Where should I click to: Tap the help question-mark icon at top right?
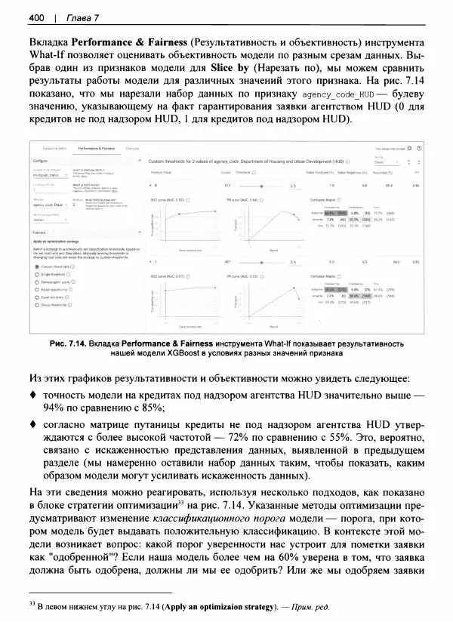tap(419, 149)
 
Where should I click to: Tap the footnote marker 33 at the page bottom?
tap(30, 603)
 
